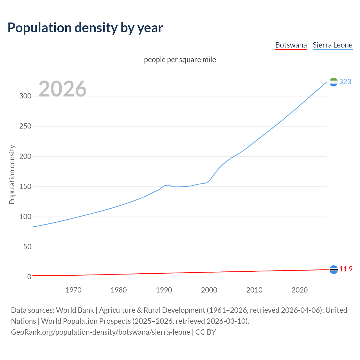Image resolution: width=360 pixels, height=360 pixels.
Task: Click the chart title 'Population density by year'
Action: tap(85, 28)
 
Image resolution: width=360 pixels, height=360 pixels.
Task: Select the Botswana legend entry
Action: tap(291, 45)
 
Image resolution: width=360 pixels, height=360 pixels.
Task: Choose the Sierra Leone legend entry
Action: tap(332, 45)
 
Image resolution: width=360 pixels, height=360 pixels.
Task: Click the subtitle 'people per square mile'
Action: tap(180, 60)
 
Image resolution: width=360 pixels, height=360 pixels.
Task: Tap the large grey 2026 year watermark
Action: tap(62, 89)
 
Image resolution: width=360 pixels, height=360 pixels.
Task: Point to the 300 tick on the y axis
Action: tap(25, 96)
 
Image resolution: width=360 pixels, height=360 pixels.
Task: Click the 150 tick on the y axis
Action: tap(25, 186)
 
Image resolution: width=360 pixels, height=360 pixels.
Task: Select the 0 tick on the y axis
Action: tap(29, 277)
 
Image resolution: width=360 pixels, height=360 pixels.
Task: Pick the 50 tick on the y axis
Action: tap(27, 247)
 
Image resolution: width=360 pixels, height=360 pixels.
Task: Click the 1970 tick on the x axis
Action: tap(73, 290)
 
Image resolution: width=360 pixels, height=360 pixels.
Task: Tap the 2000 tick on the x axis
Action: tap(209, 290)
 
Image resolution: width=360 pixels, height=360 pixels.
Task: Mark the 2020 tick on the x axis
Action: tap(300, 290)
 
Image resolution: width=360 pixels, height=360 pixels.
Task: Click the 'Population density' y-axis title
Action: tap(12, 174)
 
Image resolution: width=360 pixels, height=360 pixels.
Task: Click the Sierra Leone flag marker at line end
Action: tap(334, 82)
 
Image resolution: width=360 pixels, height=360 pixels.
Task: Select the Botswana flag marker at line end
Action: tap(334, 269)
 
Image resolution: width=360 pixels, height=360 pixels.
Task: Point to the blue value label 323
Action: tap(345, 82)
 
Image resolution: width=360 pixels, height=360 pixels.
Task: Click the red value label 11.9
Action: tap(346, 269)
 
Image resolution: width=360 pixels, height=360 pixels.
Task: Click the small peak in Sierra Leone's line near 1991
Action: tap(168, 185)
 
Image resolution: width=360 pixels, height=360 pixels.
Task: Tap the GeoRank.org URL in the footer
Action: tap(100, 332)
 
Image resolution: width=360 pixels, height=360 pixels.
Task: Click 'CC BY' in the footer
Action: tap(206, 332)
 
